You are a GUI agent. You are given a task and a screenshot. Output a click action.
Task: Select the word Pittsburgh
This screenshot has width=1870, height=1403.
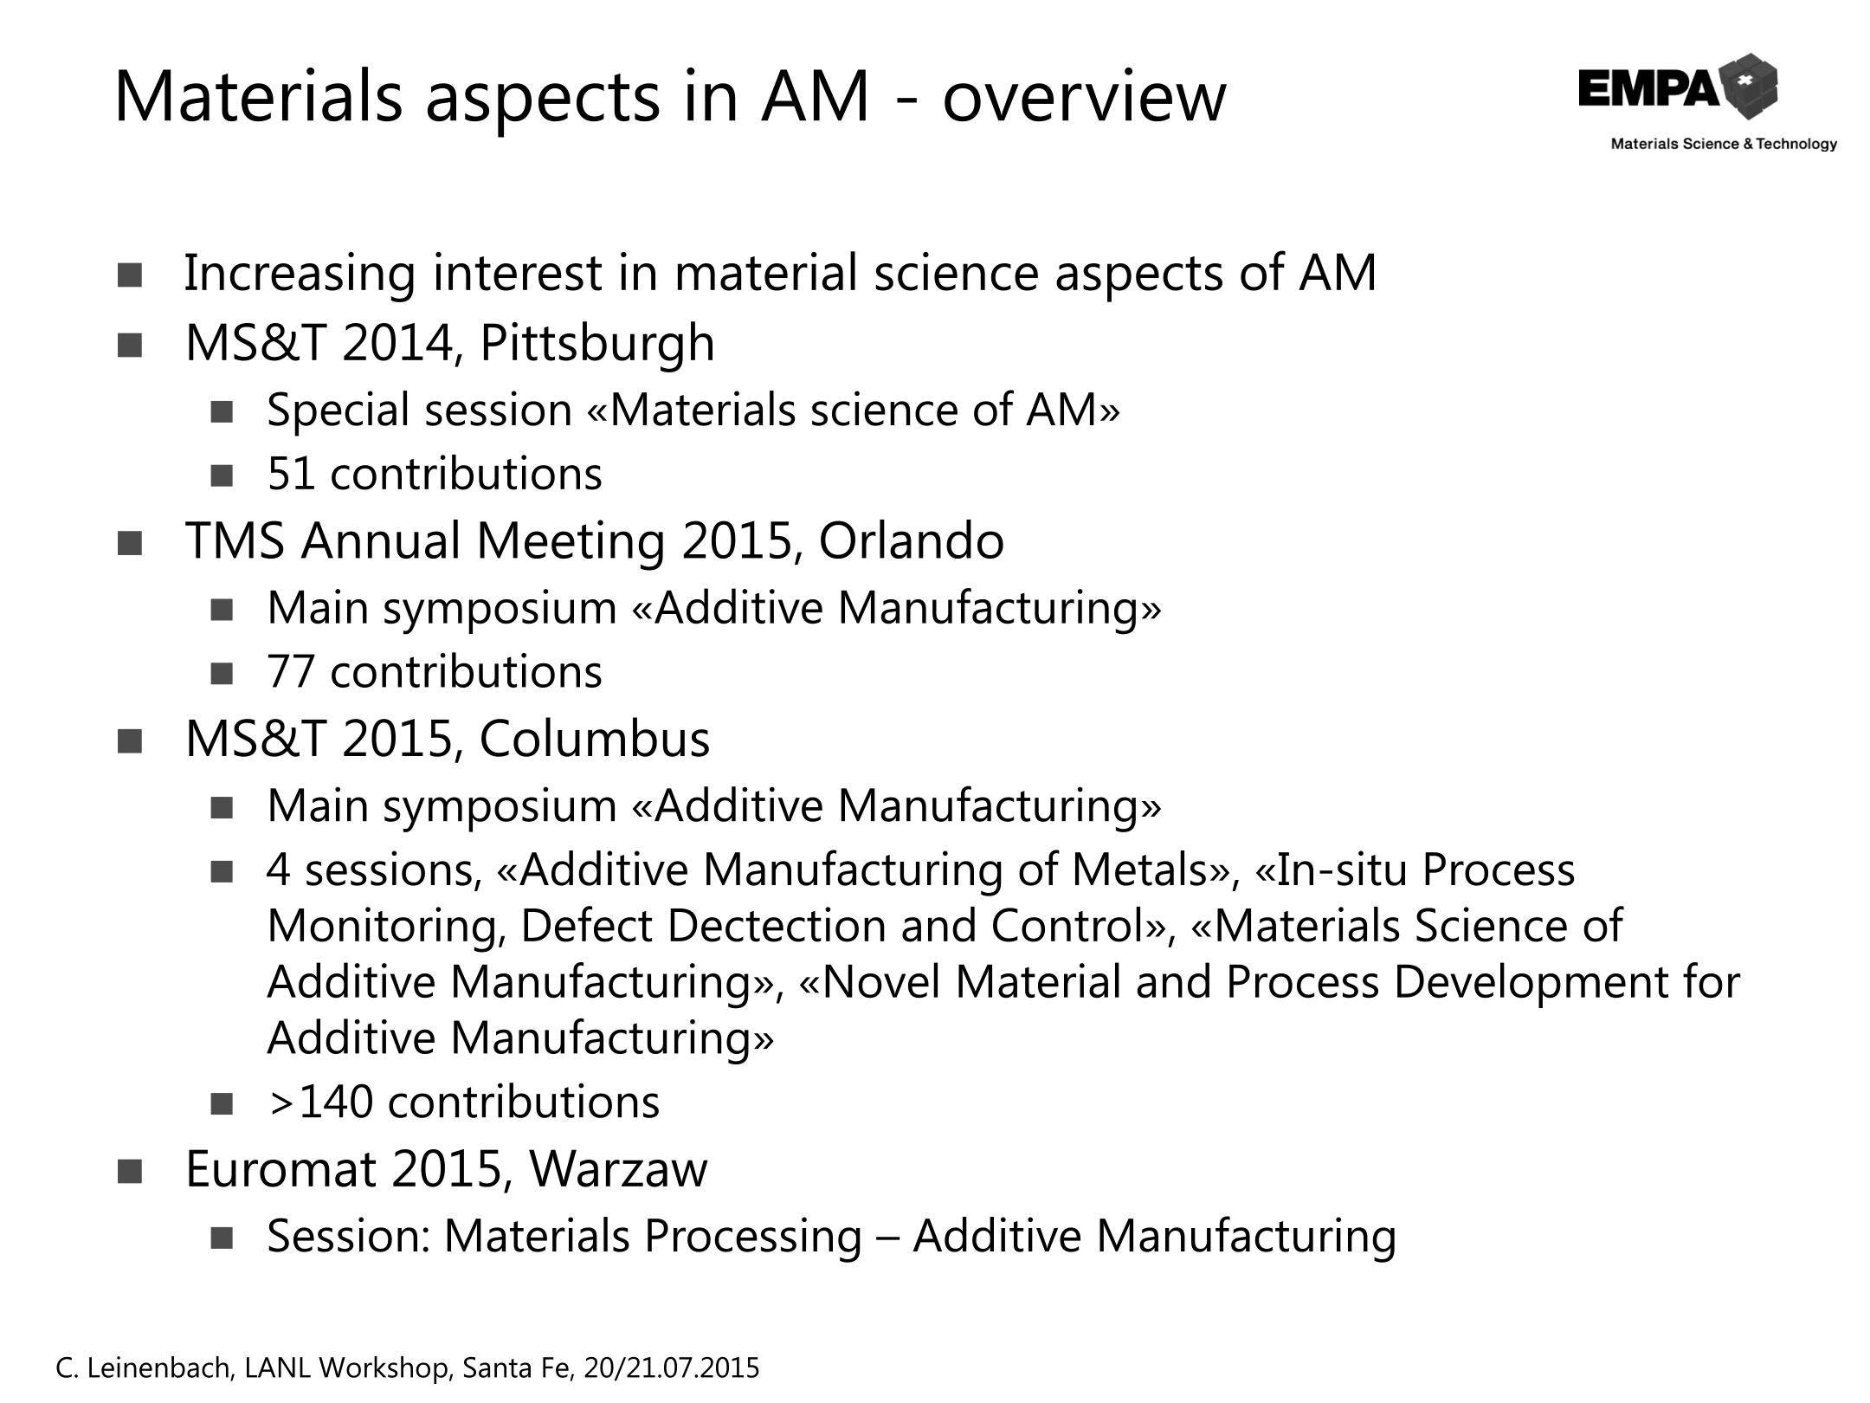[x=597, y=343]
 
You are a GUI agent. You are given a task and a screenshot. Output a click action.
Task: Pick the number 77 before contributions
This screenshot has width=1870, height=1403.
[x=291, y=672]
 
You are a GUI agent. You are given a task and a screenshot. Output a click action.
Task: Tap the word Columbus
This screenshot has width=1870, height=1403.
[x=595, y=739]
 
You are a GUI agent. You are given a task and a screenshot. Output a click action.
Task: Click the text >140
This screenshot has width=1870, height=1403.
[x=321, y=1102]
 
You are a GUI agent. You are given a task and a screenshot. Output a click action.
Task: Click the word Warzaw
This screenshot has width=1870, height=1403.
[x=618, y=1169]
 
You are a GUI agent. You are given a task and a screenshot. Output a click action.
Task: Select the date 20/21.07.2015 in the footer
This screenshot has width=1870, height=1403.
[x=672, y=1367]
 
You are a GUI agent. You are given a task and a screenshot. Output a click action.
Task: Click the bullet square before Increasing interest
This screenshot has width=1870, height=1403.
[x=130, y=275]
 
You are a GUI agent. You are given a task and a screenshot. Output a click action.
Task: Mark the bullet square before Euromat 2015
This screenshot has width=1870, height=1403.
[x=130, y=1172]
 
